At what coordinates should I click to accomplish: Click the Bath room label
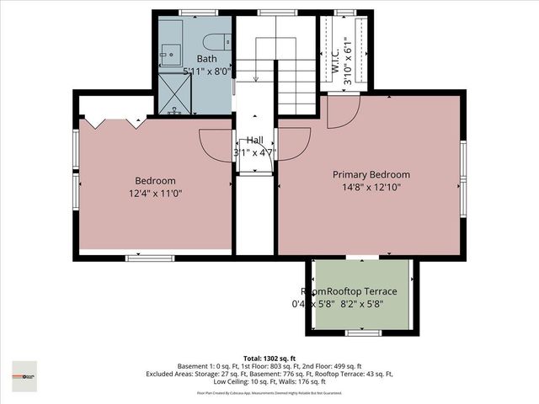pyautogui.click(x=207, y=59)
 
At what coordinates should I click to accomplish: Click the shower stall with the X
pyautogui.click(x=175, y=93)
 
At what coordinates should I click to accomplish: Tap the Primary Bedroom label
pyautogui.click(x=371, y=175)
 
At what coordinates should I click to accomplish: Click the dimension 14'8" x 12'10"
pyautogui.click(x=371, y=188)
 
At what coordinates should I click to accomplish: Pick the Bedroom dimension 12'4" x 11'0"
pyautogui.click(x=156, y=194)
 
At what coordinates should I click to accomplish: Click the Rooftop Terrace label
pyautogui.click(x=361, y=291)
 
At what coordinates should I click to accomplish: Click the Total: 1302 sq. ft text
pyautogui.click(x=269, y=359)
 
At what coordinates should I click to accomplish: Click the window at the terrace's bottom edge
pyautogui.click(x=363, y=333)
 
